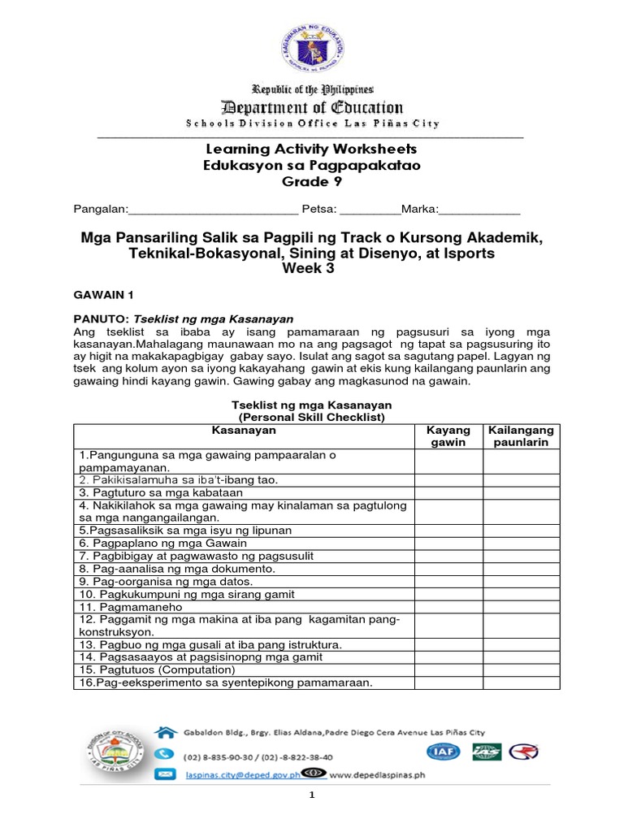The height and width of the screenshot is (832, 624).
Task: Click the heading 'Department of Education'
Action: coord(311,107)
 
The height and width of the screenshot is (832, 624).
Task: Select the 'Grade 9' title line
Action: coord(311,181)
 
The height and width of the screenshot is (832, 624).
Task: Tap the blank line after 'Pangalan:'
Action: coord(213,210)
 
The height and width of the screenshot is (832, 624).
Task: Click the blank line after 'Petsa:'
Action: coord(370,210)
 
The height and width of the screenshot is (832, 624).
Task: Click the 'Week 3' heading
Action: coord(311,269)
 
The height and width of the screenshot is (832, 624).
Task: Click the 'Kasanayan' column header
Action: coord(244,430)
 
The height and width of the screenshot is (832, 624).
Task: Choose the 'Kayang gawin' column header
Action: coord(448,435)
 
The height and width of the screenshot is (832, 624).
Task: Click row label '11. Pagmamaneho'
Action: coord(130,607)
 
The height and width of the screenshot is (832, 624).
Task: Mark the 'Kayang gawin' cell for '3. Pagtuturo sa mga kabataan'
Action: coord(448,492)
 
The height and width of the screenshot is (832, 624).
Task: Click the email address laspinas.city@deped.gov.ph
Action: coord(240,775)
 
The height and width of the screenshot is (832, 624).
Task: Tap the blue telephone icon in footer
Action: coord(165,752)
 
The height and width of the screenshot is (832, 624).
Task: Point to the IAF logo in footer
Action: coord(448,752)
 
